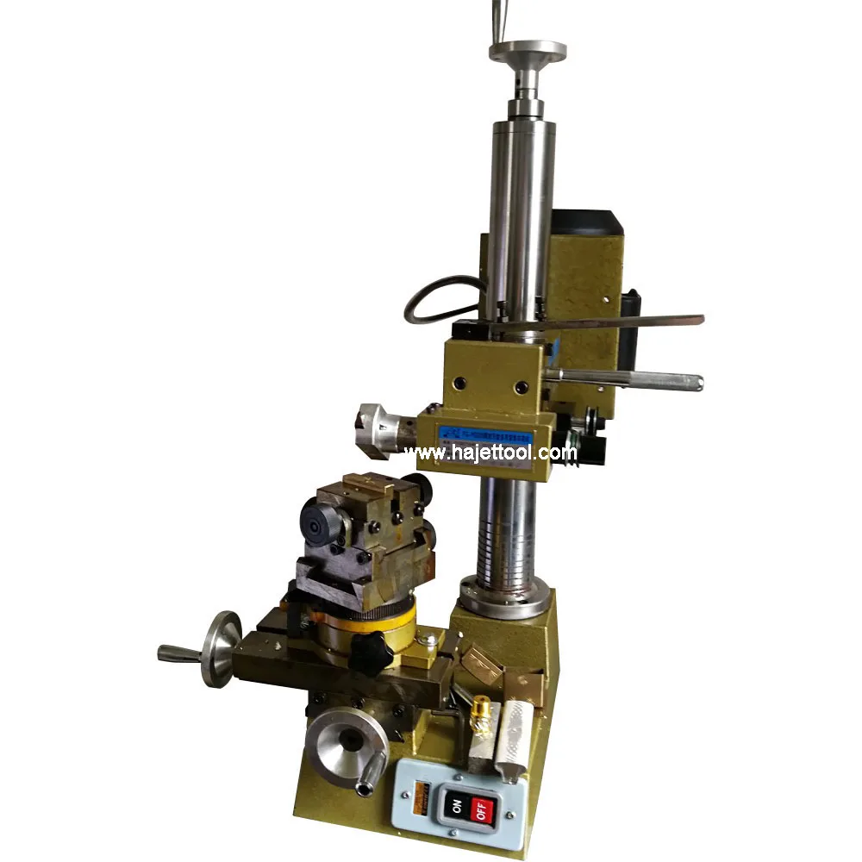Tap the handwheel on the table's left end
(222, 647)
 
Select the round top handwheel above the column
(528, 52)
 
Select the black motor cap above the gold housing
(586, 222)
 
